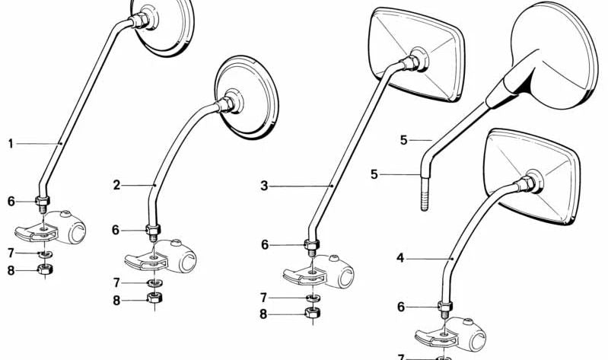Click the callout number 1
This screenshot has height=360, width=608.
click(x=11, y=144)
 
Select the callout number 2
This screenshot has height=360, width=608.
click(x=116, y=186)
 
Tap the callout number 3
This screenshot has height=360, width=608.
click(x=265, y=186)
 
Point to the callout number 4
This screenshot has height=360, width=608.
click(x=400, y=258)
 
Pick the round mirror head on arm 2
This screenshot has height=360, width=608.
click(x=247, y=97)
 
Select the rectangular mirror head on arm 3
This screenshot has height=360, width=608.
click(x=417, y=54)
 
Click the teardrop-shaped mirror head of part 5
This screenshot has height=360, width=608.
click(x=551, y=54)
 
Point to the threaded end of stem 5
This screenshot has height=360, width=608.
click(x=425, y=194)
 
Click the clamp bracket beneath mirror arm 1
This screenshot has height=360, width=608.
click(x=50, y=228)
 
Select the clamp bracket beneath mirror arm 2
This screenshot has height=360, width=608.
click(x=161, y=256)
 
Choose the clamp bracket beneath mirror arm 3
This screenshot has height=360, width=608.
click(x=319, y=272)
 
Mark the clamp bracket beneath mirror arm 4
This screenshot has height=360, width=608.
click(x=450, y=335)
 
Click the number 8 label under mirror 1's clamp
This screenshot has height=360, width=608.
click(x=11, y=270)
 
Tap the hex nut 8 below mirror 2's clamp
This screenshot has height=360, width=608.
click(x=155, y=298)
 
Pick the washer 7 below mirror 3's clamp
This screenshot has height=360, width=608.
click(x=312, y=298)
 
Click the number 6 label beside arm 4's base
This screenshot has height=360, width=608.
click(x=401, y=307)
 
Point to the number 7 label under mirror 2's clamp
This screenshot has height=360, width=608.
click(x=116, y=283)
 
